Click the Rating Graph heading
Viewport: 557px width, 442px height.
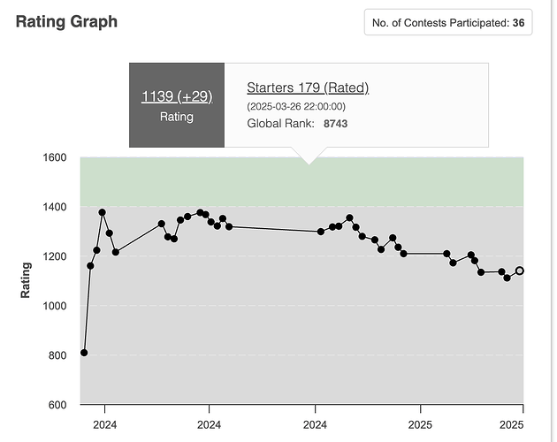(66, 21)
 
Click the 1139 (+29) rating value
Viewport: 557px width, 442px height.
(177, 95)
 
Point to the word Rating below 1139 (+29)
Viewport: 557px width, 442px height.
(177, 117)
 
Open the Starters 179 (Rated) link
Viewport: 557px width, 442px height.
(308, 88)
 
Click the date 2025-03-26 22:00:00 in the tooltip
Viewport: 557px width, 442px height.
(295, 107)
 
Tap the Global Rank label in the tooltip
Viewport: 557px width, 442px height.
(278, 124)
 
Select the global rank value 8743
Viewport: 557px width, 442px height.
(335, 124)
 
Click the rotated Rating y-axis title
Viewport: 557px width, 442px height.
(26, 280)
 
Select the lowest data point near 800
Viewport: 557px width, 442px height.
(84, 353)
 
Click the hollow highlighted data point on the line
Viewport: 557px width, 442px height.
(520, 271)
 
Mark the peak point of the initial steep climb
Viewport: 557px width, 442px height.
(103, 212)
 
